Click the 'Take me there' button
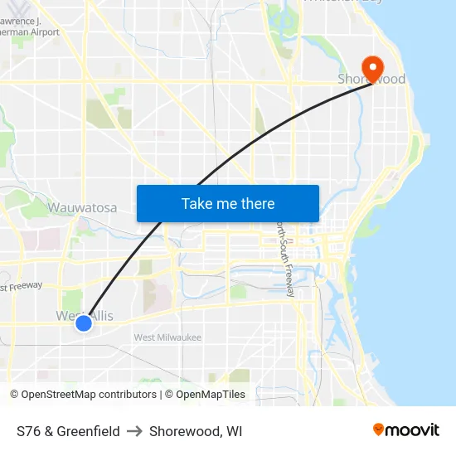pyautogui.click(x=228, y=203)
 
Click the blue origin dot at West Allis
pyautogui.click(x=84, y=323)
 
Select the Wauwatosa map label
pyautogui.click(x=82, y=207)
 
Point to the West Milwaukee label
pyautogui.click(x=167, y=337)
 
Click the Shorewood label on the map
pyautogui.click(x=371, y=80)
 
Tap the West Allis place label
pyautogui.click(x=85, y=315)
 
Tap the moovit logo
pyautogui.click(x=406, y=430)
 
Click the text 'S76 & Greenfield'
pyautogui.click(x=68, y=431)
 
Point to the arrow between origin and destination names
pyautogui.click(x=134, y=431)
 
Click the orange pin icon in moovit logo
pyautogui.click(x=379, y=429)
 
